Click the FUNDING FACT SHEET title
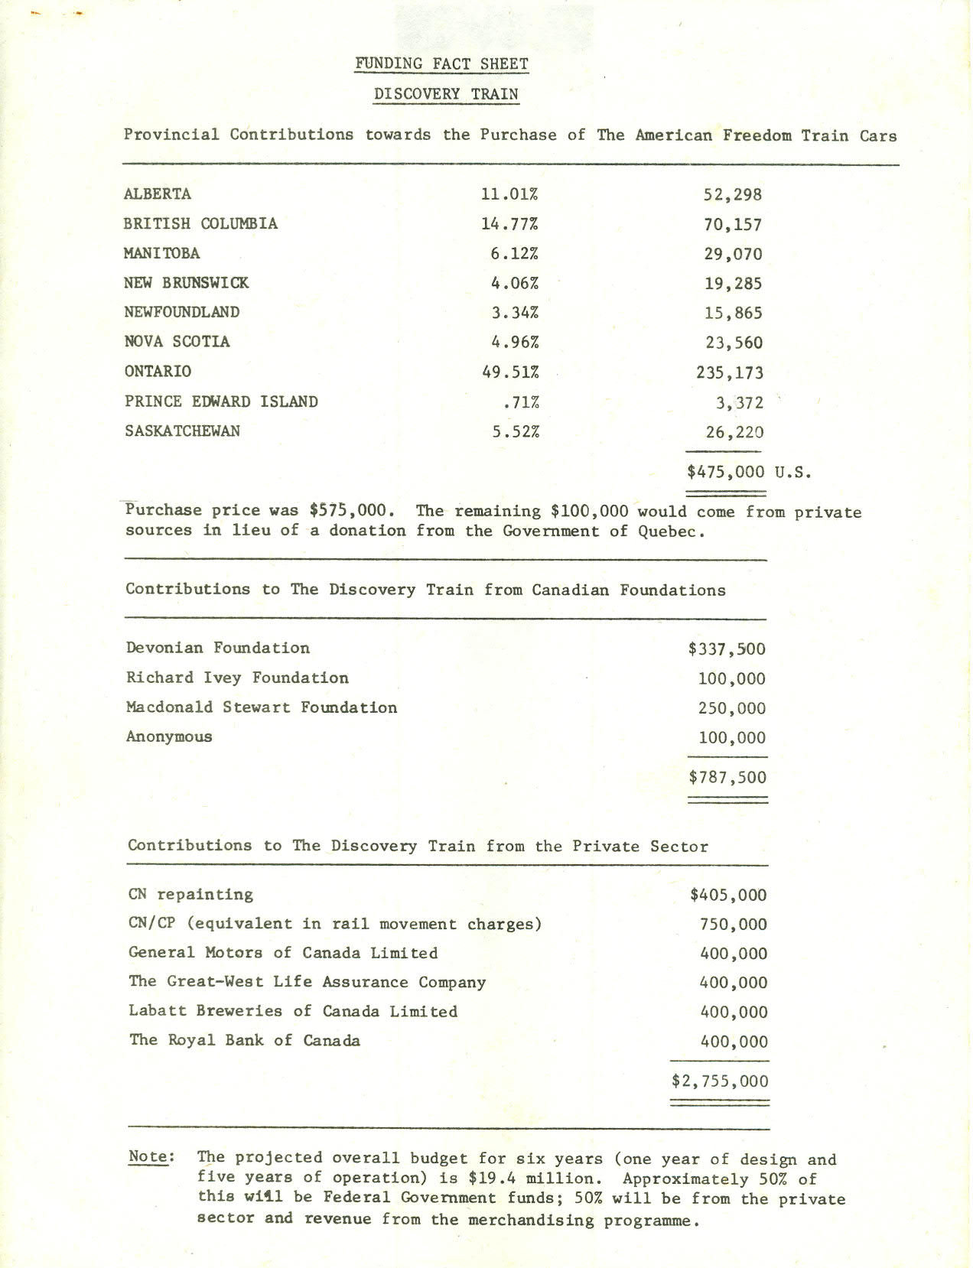pos(441,63)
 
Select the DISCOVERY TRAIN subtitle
pos(446,94)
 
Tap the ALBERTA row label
pos(158,193)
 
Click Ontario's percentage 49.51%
pos(510,372)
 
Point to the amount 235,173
pos(730,373)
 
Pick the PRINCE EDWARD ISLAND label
pos(221,402)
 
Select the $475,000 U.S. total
pos(748,472)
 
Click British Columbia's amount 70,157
pos(733,225)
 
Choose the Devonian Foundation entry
pos(218,649)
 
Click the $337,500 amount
pos(727,649)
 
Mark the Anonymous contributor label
pos(169,737)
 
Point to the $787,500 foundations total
pos(727,778)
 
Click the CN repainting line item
pos(190,894)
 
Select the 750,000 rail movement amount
pos(733,925)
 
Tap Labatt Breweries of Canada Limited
pos(293,1011)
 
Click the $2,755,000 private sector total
pos(720,1081)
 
